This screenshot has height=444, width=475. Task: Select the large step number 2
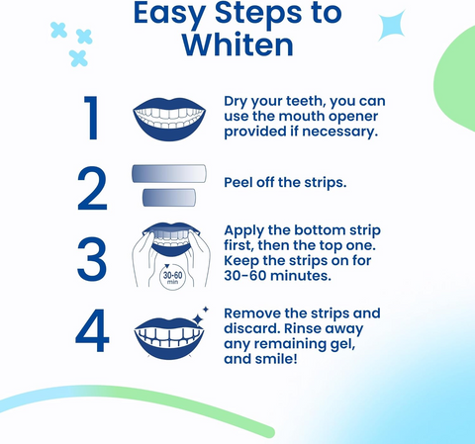tap(92, 189)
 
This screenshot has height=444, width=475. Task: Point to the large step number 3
tap(92, 256)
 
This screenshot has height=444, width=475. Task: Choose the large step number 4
tap(92, 333)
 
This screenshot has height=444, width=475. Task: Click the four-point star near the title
tap(394, 25)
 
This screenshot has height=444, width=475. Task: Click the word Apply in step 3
tap(247, 227)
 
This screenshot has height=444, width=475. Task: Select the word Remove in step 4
tap(255, 313)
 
